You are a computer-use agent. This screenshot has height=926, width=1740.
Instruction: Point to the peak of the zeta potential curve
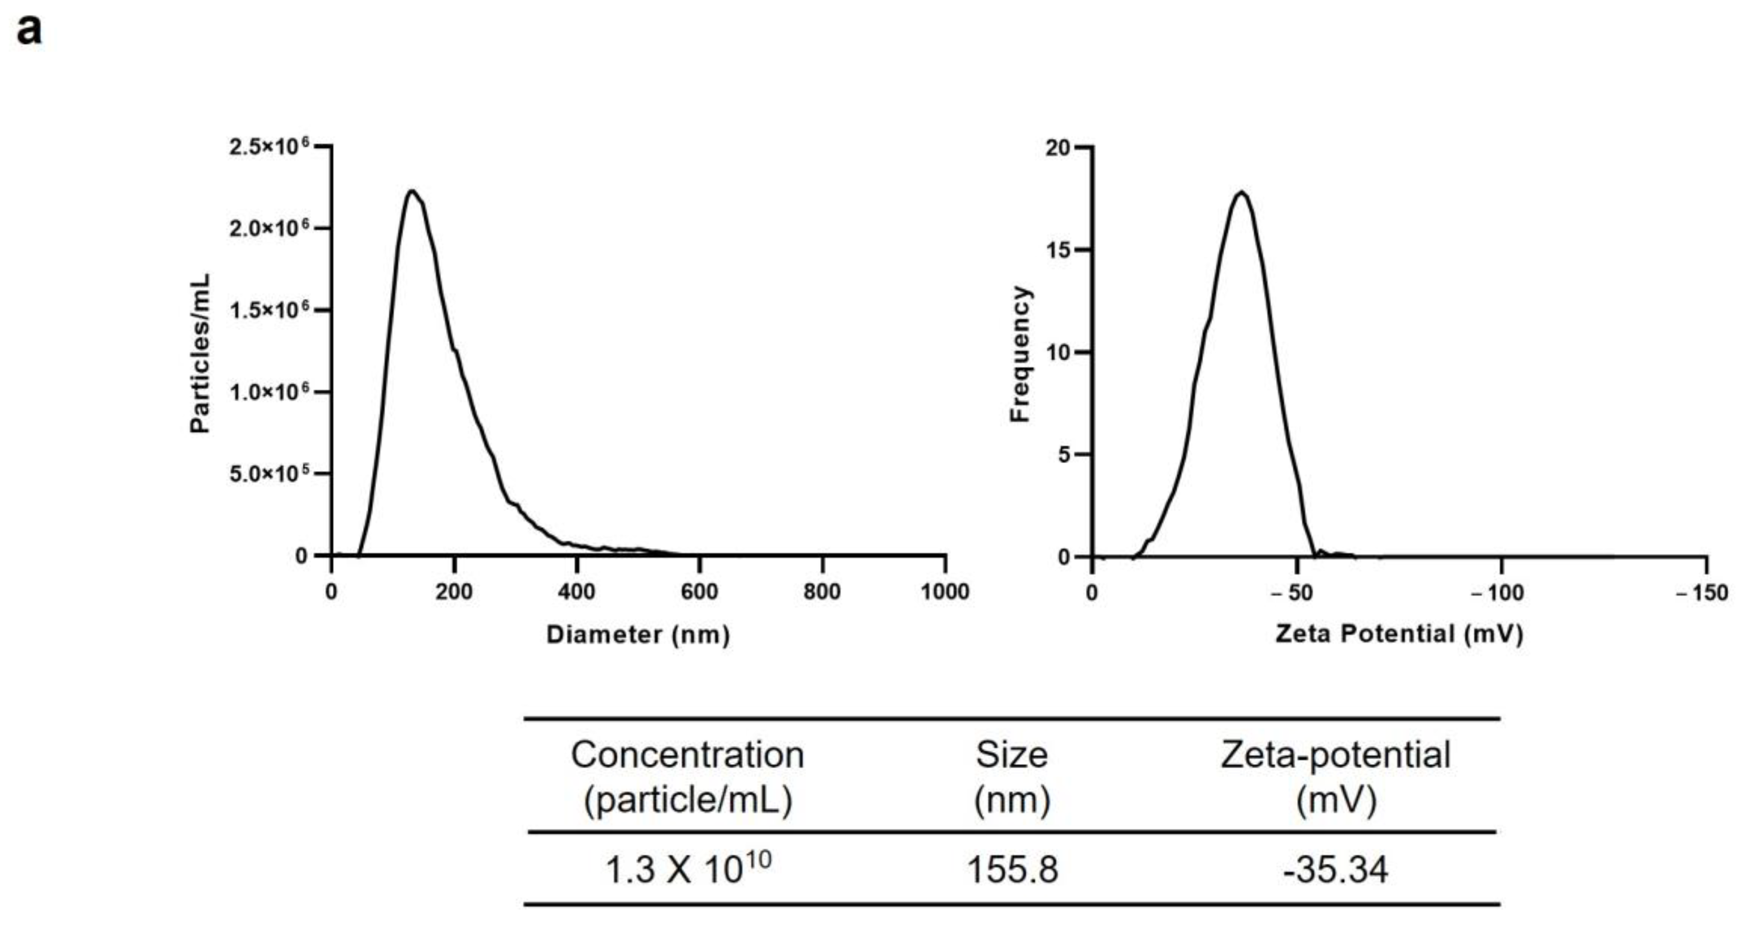(1241, 193)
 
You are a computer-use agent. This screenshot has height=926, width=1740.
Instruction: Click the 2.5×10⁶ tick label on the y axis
(269, 147)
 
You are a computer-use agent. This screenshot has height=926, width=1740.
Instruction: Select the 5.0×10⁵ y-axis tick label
(269, 474)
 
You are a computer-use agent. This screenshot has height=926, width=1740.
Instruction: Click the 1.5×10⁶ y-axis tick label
(269, 311)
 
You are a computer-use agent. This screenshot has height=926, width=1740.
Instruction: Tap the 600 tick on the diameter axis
(699, 592)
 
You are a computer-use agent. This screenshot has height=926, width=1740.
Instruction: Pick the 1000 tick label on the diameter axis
(944, 592)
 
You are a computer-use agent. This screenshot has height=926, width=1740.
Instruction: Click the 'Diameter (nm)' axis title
(637, 635)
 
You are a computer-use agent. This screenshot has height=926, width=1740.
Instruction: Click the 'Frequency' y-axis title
(1020, 354)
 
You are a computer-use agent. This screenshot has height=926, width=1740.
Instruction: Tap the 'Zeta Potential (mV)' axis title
(1399, 634)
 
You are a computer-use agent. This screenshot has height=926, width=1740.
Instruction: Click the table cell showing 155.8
(1012, 869)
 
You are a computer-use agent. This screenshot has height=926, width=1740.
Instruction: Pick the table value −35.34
(1335, 869)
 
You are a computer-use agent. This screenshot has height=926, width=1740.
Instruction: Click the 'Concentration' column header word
(688, 755)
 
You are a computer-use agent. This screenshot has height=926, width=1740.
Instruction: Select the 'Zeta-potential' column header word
(1335, 755)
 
